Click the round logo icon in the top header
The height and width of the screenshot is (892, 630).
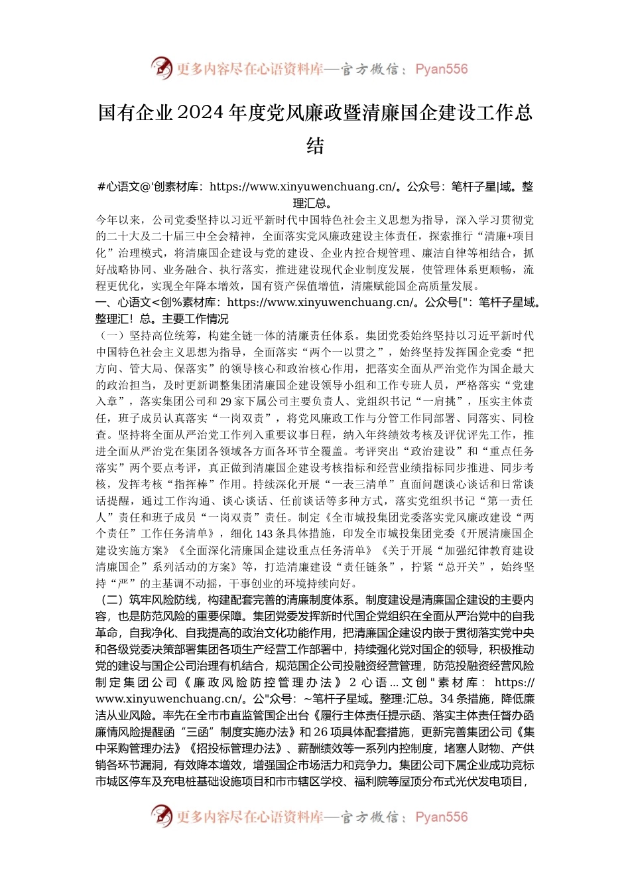tap(161, 68)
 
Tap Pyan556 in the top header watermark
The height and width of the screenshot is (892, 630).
tap(441, 69)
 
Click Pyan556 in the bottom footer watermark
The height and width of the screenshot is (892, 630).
tap(441, 817)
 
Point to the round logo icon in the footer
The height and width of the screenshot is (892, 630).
tap(161, 816)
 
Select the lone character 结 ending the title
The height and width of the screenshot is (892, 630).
tap(315, 146)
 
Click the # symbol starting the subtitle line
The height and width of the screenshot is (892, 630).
tap(101, 187)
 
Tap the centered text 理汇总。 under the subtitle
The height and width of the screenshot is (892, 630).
tap(314, 203)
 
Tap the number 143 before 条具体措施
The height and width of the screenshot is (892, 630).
tap(264, 534)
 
